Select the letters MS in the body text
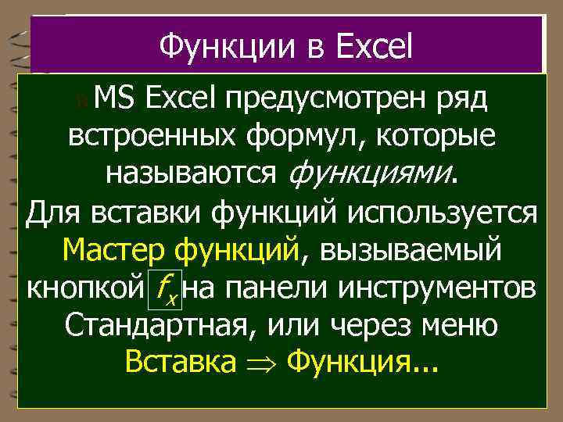[x=116, y=100]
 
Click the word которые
[x=432, y=138]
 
